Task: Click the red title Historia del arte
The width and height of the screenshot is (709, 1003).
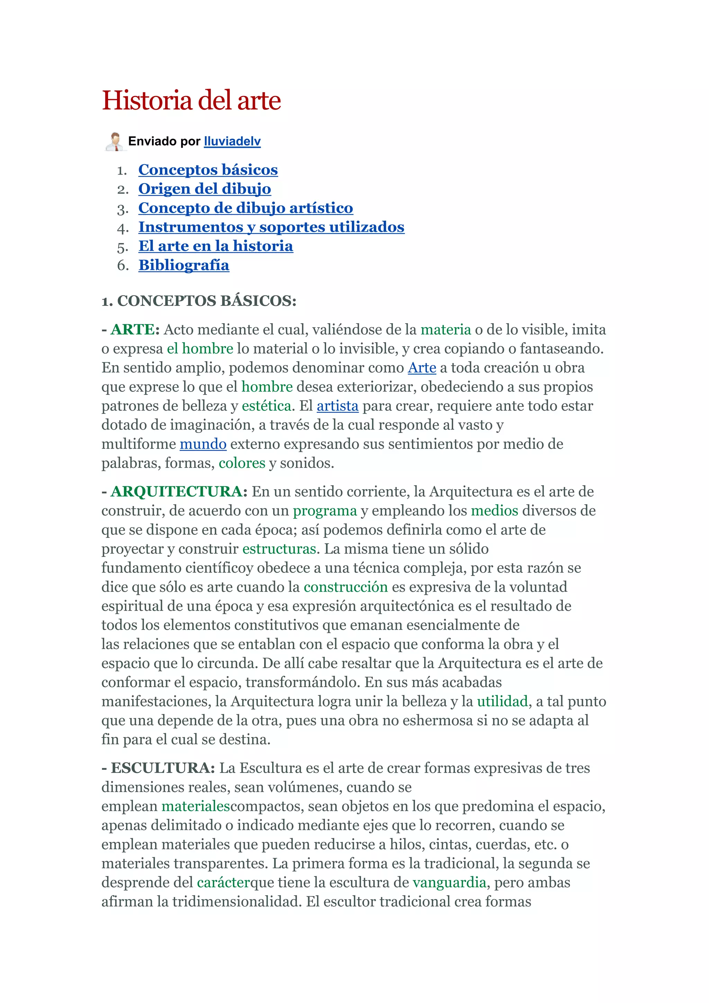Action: [191, 100]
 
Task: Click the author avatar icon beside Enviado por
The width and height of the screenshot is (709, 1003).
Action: [115, 142]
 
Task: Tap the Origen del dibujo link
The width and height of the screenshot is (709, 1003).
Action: [204, 189]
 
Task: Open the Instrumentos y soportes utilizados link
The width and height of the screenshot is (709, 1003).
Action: [271, 227]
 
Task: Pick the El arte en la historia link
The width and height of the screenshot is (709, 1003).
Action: [216, 246]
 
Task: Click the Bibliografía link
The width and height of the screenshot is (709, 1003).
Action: [184, 265]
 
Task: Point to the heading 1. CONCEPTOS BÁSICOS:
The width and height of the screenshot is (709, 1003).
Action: [199, 301]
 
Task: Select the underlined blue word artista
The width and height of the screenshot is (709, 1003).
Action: [338, 406]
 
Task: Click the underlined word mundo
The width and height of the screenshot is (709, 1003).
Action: [203, 444]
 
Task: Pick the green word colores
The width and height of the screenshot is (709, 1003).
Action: [242, 463]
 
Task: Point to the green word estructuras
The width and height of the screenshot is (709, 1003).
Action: [279, 549]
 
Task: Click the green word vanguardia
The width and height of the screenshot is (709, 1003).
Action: [449, 882]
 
